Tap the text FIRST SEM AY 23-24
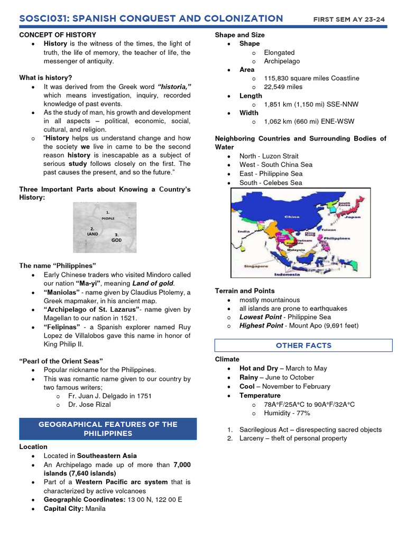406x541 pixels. [x=349, y=20]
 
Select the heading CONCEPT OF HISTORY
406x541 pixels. [x=51, y=35]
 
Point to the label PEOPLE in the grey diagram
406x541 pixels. [x=108, y=218]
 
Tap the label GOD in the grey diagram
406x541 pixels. [x=116, y=240]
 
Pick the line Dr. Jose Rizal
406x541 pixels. [x=89, y=405]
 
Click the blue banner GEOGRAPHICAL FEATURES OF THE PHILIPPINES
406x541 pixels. [x=108, y=428]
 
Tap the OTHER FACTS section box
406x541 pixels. [x=303, y=346]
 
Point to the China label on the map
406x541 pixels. [x=292, y=217]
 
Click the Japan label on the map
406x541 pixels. [x=353, y=217]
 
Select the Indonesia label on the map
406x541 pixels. [x=287, y=274]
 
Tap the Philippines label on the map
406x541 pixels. [x=337, y=238]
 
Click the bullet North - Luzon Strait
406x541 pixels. [x=269, y=156]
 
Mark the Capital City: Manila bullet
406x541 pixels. [x=75, y=508]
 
